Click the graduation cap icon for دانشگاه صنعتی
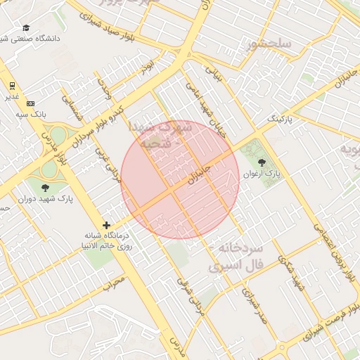pos(26,27)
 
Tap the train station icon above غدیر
pos(12,86)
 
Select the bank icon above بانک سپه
pos(30,103)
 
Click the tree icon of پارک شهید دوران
pos(46,188)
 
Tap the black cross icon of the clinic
pos(106,225)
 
